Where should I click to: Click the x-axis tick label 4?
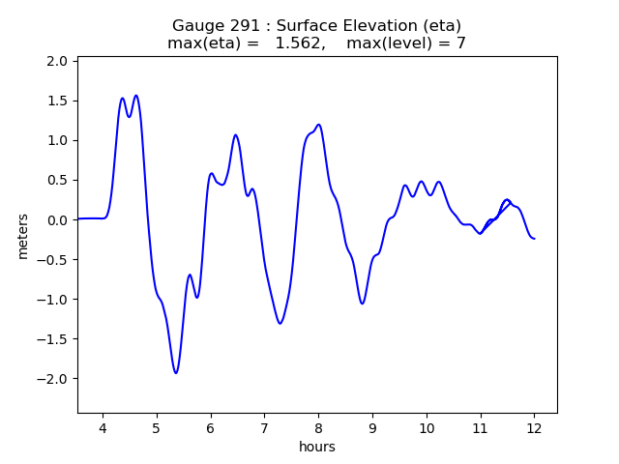(x=103, y=428)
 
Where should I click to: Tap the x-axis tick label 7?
(x=264, y=428)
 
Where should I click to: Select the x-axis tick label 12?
(x=533, y=428)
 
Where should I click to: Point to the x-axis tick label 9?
(x=372, y=428)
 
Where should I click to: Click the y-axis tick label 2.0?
(x=57, y=61)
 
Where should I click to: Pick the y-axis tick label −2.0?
(x=52, y=378)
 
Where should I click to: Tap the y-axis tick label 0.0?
(x=57, y=219)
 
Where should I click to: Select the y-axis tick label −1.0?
(x=52, y=299)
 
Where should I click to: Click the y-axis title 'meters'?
(x=22, y=236)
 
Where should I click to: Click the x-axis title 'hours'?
(x=317, y=447)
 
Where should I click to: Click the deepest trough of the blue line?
(x=176, y=373)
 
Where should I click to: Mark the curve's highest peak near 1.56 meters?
(x=136, y=96)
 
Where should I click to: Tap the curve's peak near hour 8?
(x=318, y=125)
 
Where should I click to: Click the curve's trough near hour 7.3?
(x=280, y=323)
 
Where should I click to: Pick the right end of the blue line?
(x=534, y=239)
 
